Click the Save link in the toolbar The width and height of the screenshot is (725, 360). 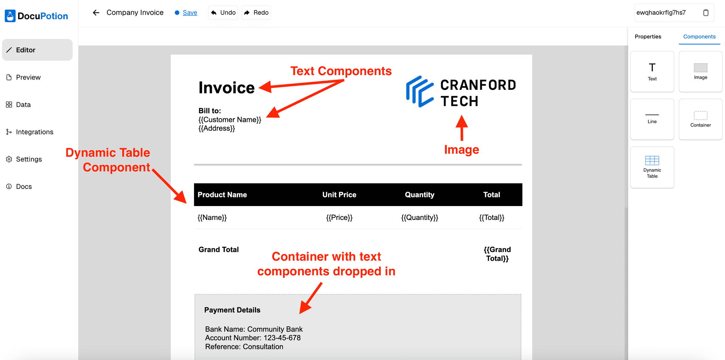click(x=190, y=12)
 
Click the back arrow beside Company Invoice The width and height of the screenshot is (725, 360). click(x=96, y=12)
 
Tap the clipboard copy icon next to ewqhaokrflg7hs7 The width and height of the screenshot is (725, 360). click(x=706, y=12)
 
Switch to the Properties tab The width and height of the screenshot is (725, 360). click(x=648, y=37)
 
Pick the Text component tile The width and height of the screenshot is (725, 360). click(x=652, y=72)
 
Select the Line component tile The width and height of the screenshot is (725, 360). click(x=652, y=119)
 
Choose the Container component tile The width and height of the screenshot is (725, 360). click(x=700, y=119)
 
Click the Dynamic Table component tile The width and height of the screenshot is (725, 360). click(x=652, y=167)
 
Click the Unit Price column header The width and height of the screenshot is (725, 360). click(x=339, y=195)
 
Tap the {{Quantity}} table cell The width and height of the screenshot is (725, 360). click(x=420, y=217)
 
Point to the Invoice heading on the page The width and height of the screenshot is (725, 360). click(x=227, y=88)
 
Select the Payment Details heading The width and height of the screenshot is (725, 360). click(x=232, y=310)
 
